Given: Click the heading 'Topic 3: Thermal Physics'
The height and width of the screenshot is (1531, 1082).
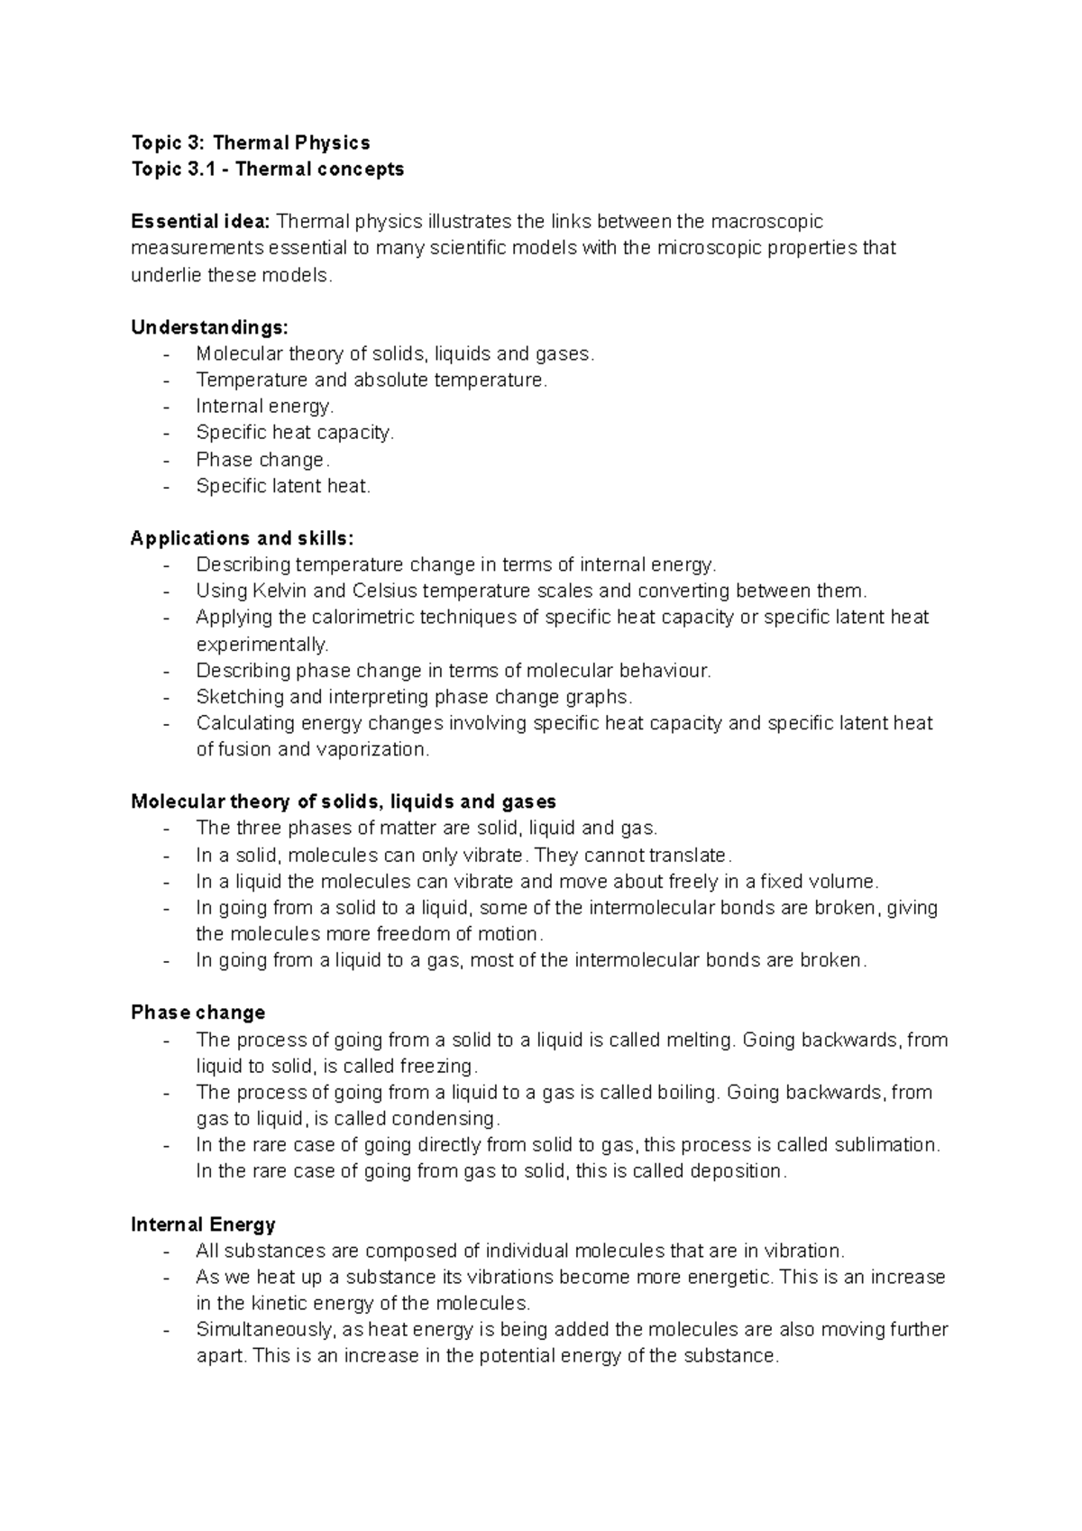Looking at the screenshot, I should click(x=251, y=142).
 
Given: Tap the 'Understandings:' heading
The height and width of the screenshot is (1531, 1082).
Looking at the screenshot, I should click(x=209, y=327).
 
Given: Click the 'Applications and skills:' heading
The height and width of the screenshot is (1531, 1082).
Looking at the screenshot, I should click(x=243, y=538).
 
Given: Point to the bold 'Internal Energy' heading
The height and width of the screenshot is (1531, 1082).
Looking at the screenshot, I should click(x=203, y=1224).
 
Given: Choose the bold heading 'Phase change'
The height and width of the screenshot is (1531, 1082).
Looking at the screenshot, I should click(x=198, y=1013).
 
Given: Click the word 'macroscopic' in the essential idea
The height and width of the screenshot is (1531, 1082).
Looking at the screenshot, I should click(x=767, y=222).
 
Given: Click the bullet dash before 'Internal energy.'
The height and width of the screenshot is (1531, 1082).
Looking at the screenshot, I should click(x=167, y=407).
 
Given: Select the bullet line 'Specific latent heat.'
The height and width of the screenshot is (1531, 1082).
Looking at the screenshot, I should click(x=283, y=486).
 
